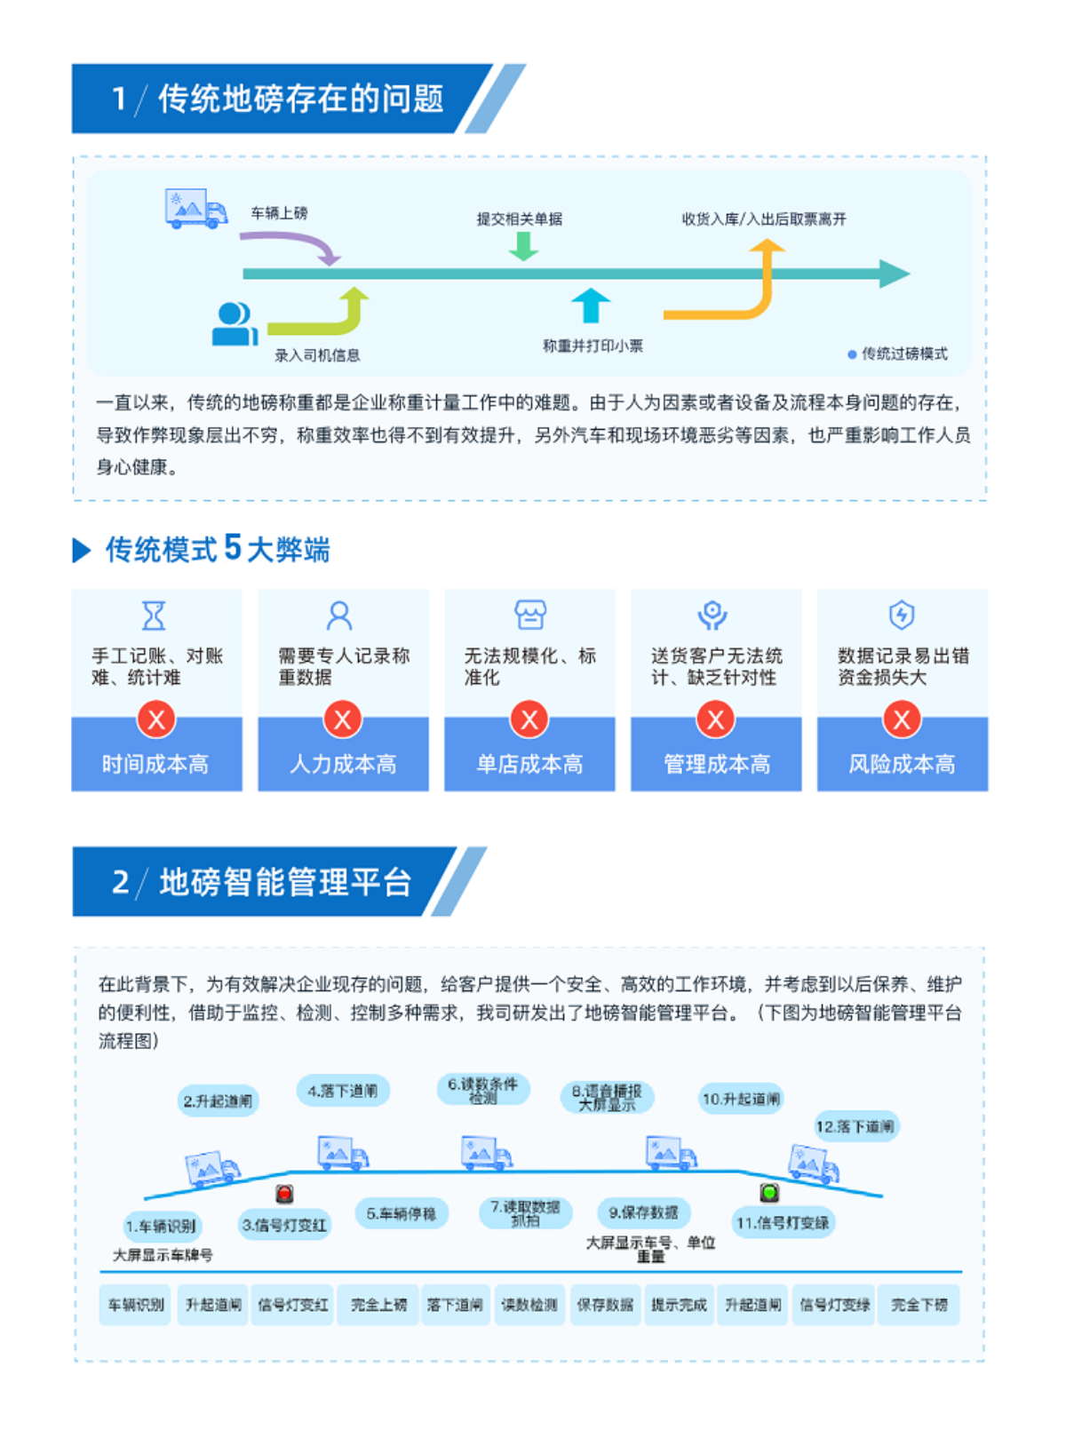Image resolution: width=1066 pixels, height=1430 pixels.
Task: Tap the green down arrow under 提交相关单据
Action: pyautogui.click(x=523, y=246)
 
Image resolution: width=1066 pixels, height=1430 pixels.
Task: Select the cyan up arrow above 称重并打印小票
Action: pyautogui.click(x=590, y=305)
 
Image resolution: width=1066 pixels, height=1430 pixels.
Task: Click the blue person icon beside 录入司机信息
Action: pyautogui.click(x=234, y=324)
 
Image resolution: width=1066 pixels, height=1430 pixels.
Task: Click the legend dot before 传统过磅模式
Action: pyautogui.click(x=852, y=354)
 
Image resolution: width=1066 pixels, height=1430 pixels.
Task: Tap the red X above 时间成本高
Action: pyautogui.click(x=156, y=719)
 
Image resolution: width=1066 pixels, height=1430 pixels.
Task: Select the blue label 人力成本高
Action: pyautogui.click(x=343, y=763)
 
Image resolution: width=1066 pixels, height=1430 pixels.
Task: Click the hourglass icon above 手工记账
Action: pyautogui.click(x=155, y=616)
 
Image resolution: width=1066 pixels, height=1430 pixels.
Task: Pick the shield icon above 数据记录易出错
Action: pyautogui.click(x=902, y=615)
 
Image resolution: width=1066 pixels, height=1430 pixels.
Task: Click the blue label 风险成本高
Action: pyautogui.click(x=902, y=763)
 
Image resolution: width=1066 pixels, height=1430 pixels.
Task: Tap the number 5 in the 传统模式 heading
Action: pyautogui.click(x=232, y=548)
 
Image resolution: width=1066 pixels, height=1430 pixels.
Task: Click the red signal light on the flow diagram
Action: pyautogui.click(x=284, y=1194)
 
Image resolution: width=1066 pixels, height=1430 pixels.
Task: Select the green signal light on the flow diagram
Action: pyautogui.click(x=769, y=1193)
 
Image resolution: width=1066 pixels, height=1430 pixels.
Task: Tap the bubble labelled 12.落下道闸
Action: pyautogui.click(x=855, y=1127)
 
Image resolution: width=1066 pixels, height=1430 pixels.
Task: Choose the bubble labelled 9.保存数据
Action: pyautogui.click(x=643, y=1212)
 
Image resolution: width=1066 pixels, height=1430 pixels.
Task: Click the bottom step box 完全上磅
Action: pyautogui.click(x=378, y=1305)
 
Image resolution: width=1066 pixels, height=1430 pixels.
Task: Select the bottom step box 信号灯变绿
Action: pyautogui.click(x=833, y=1305)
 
